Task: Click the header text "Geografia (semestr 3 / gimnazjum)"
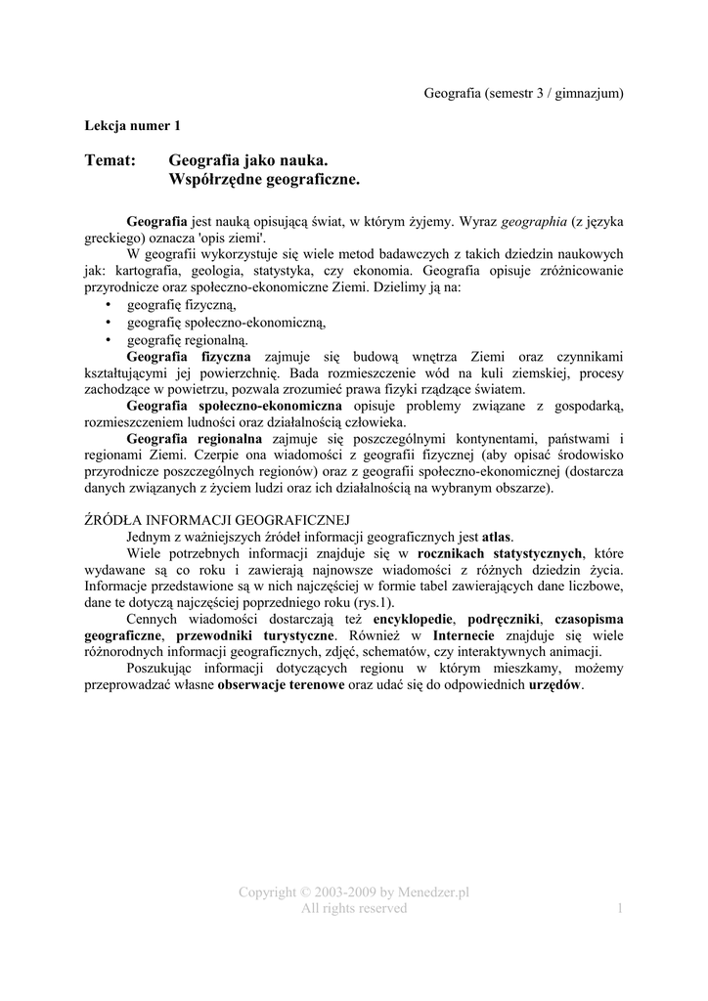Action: click(x=523, y=93)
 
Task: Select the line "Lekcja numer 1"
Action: click(x=133, y=125)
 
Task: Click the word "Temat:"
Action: click(x=110, y=159)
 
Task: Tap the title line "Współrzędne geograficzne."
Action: click(x=265, y=180)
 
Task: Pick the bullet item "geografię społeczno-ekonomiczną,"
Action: click(x=226, y=322)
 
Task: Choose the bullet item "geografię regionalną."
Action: click(x=188, y=339)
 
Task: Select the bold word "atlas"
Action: click(x=497, y=537)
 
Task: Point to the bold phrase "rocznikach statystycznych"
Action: click(x=499, y=553)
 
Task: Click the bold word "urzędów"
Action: click(x=554, y=686)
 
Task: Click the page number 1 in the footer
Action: click(x=620, y=908)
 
